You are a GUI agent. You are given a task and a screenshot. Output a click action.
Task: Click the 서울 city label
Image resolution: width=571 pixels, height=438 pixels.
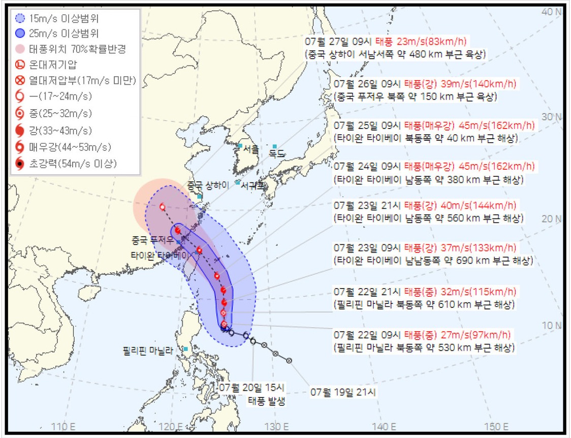click(x=251, y=150)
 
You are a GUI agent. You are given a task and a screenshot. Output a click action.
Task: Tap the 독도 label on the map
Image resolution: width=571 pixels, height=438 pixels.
click(x=277, y=153)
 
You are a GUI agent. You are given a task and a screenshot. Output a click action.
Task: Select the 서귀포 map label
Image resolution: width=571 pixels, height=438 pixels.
click(x=252, y=185)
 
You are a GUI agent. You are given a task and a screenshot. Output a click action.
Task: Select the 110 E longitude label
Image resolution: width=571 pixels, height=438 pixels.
click(x=64, y=426)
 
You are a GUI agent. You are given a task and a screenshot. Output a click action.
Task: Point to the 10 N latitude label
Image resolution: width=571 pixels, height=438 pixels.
click(x=553, y=325)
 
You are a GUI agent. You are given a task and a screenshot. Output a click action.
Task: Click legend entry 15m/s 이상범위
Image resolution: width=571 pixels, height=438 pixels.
click(x=64, y=19)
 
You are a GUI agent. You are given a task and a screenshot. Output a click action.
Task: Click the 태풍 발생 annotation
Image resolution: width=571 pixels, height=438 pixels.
click(x=266, y=401)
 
